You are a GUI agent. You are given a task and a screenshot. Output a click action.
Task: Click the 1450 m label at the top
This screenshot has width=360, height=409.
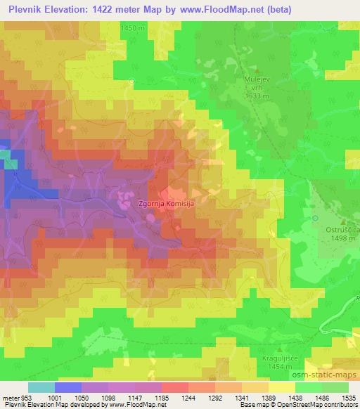point(132,27)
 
